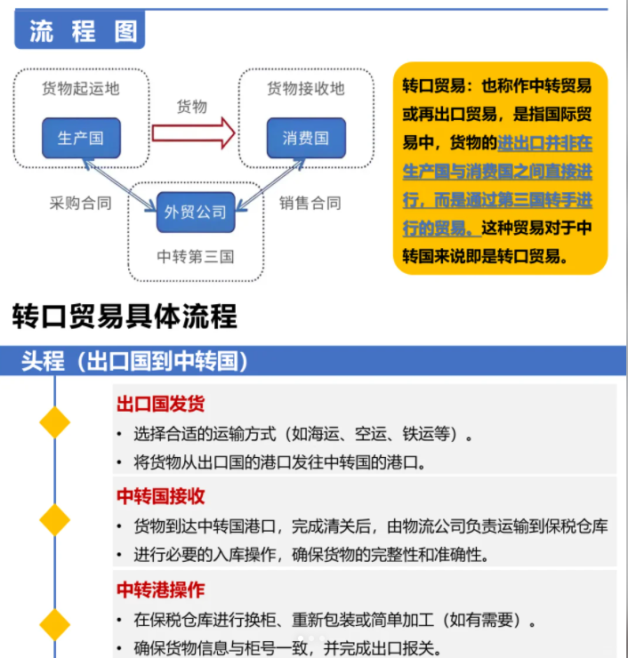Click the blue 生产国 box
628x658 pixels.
81,138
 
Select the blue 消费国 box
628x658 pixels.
306,138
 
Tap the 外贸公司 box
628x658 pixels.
196,212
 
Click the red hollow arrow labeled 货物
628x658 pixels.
193,133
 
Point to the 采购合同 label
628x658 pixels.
81,203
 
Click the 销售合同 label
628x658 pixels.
310,203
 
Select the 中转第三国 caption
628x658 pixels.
195,256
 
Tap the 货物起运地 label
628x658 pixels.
81,89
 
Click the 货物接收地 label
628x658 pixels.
306,89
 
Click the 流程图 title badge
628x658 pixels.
80,30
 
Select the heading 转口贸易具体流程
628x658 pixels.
125,316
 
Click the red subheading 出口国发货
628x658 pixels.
161,404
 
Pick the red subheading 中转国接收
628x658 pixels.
161,496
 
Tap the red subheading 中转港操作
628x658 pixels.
161,590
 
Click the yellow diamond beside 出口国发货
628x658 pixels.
54,422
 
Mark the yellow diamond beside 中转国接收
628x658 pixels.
54,520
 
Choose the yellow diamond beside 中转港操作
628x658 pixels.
54,625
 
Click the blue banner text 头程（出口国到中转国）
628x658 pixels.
134,361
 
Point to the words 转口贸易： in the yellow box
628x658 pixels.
438,85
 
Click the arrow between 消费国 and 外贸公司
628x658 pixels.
270,185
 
